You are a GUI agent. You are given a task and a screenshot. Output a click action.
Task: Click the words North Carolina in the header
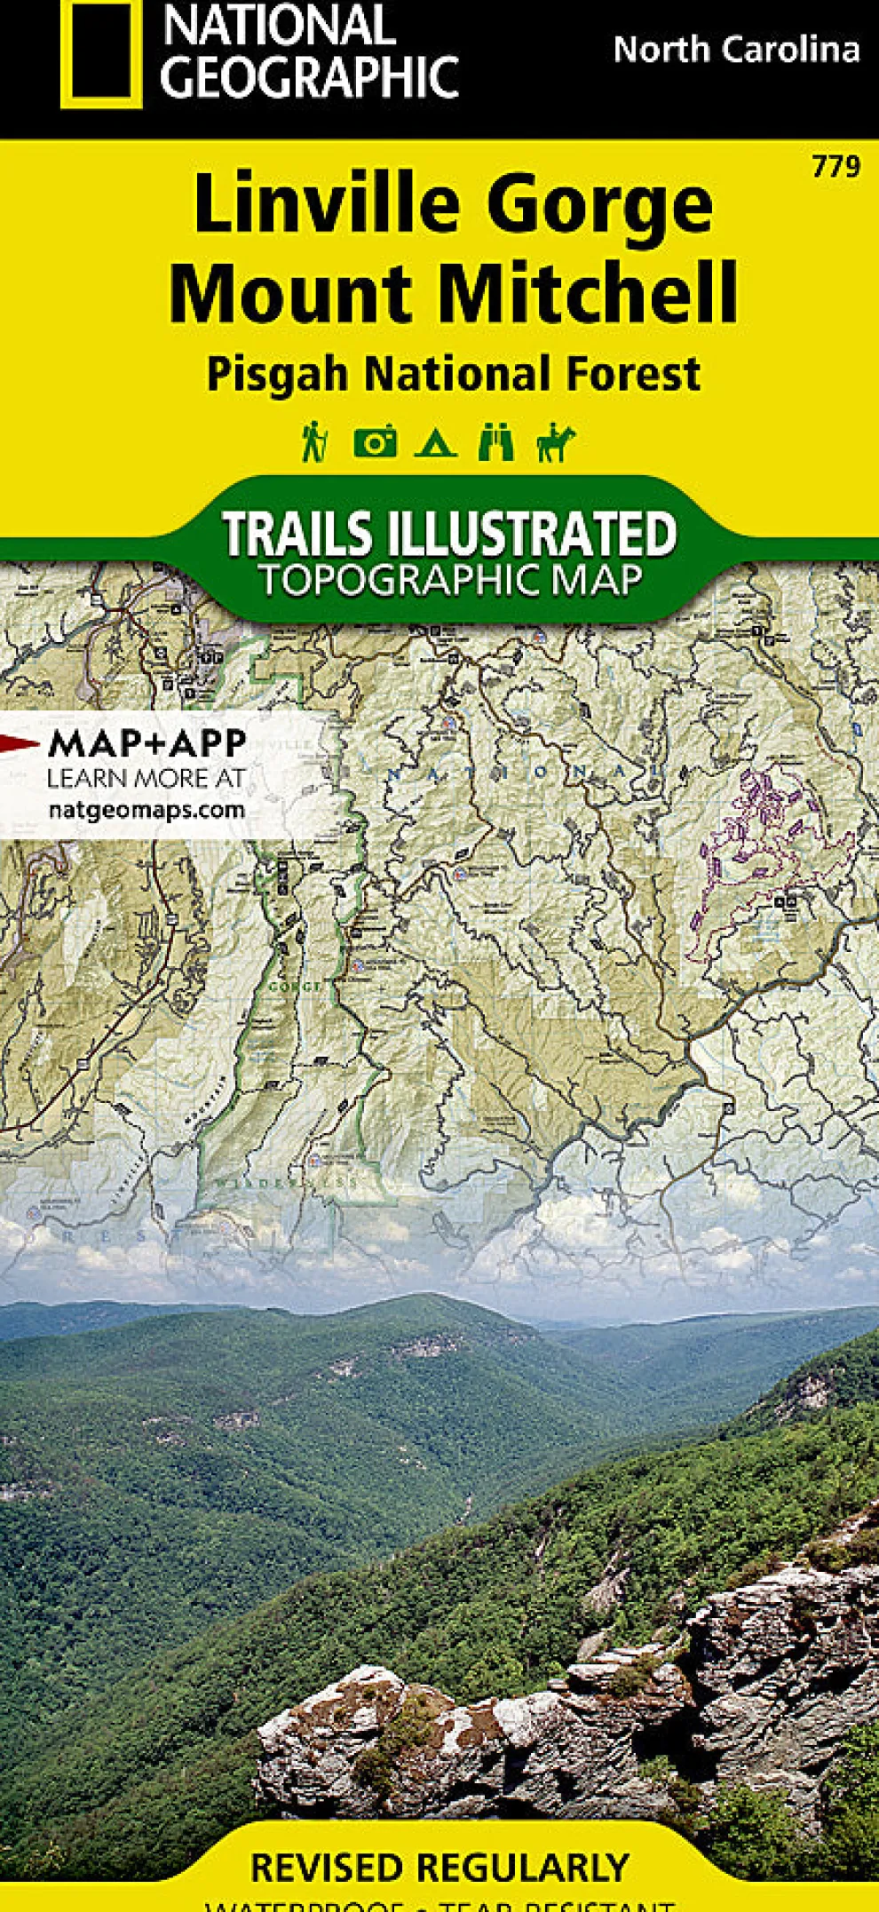pos(736,50)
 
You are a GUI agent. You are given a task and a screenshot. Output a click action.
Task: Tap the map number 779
pos(835,166)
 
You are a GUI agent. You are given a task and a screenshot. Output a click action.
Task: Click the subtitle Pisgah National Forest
pos(453,373)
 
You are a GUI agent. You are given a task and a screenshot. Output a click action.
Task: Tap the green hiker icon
pos(313,441)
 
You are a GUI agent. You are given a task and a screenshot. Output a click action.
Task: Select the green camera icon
pos(376,441)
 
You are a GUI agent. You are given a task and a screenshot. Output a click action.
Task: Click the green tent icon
pos(436,442)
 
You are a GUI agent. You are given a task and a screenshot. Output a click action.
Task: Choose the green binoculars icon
pos(495,441)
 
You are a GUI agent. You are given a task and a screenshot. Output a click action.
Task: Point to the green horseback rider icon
pos(556,442)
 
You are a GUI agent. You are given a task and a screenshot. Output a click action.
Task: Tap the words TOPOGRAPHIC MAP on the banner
pos(450,581)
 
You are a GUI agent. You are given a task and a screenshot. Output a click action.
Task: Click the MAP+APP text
pos(146,743)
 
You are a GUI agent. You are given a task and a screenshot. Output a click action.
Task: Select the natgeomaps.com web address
pos(146,810)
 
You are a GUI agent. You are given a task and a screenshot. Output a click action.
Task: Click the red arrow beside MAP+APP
pos(20,744)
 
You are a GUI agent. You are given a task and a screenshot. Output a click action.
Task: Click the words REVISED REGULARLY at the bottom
pos(439,1868)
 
